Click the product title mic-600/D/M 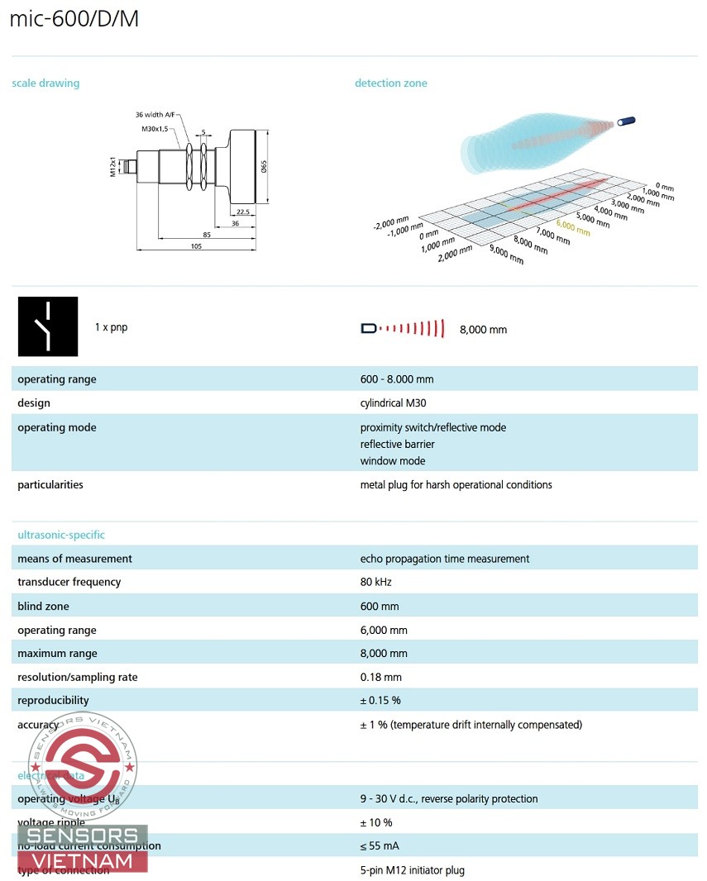point(74,19)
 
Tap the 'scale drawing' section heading point(45,83)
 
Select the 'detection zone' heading point(391,83)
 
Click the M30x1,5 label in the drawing point(155,128)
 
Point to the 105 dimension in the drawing point(196,246)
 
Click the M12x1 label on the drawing point(112,166)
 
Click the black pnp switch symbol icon point(48,326)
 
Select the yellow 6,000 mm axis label point(573,228)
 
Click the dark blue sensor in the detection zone point(628,121)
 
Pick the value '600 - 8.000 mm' point(397,379)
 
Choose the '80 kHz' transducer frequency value point(376,582)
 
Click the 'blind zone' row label point(43,606)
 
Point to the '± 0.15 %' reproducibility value point(380,700)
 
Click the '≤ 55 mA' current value point(376,845)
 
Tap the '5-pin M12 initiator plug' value point(413,869)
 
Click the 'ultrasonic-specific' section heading point(61,535)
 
